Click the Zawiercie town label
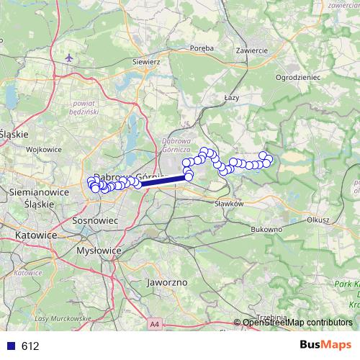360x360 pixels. tap(252, 50)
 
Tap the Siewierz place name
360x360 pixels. tap(146, 62)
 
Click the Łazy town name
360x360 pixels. tap(231, 96)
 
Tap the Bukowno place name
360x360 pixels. tap(266, 229)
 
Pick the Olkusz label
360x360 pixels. tap(316, 220)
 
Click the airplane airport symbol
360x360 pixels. tap(68, 57)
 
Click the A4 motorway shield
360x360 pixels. tap(156, 325)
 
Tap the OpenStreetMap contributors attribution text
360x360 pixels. tap(297, 323)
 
